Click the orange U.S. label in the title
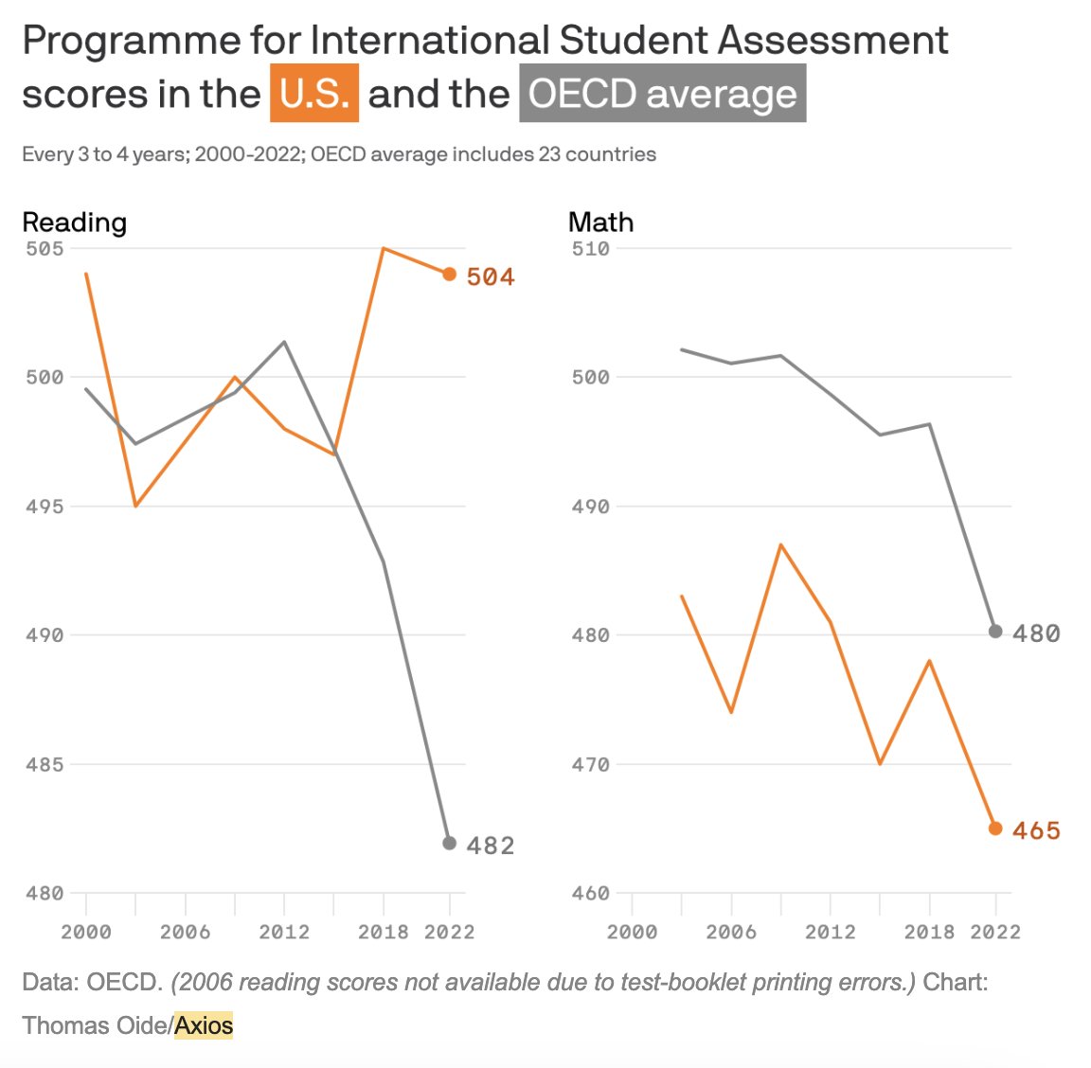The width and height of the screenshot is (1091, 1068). pos(314,94)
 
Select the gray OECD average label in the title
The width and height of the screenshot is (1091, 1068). pos(662,94)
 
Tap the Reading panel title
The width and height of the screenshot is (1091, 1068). pos(74,222)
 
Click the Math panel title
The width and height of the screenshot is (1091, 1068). pos(600,222)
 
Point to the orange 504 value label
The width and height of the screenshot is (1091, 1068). pos(491,276)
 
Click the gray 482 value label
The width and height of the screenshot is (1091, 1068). pos(491,845)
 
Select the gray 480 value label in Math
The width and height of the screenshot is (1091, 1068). pos(1036,633)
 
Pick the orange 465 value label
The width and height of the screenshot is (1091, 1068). pos(1036,830)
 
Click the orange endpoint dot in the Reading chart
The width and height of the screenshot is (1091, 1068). pos(449,275)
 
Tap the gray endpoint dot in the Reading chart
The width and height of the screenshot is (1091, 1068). pos(449,843)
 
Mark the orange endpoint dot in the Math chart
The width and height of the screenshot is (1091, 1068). pos(995,828)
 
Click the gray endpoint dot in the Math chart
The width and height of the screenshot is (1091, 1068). pos(995,632)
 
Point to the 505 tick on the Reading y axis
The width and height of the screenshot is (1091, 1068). pos(45,248)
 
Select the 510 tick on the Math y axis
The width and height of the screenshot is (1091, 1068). pos(590,248)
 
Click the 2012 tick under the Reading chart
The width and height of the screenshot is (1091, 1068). pos(284,932)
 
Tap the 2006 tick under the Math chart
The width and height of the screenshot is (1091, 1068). pos(731,932)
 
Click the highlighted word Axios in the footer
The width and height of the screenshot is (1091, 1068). pos(204,1025)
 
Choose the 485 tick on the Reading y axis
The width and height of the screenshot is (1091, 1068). pos(45,764)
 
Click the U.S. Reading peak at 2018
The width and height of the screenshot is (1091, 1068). pos(384,249)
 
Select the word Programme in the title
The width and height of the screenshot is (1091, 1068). pos(132,40)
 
